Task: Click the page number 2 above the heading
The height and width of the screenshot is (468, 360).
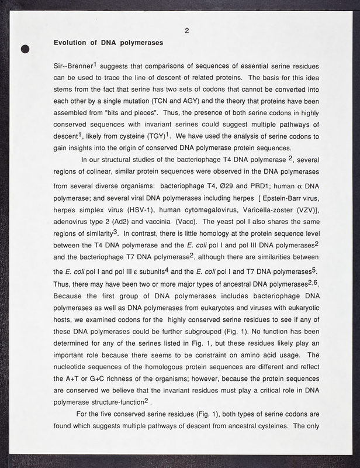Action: click(x=185, y=32)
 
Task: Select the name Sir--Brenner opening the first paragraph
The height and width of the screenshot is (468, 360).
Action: click(x=72, y=66)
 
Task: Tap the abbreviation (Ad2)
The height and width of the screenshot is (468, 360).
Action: click(x=118, y=227)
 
